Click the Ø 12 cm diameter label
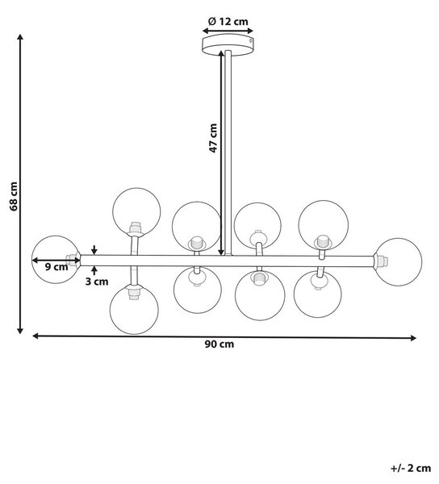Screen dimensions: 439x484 click(x=228, y=22)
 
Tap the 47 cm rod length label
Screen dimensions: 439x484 click(x=213, y=138)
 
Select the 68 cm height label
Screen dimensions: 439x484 click(x=14, y=196)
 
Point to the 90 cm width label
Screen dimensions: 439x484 click(x=219, y=344)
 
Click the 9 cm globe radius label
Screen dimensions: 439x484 click(x=56, y=267)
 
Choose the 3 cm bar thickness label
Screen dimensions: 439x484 click(x=97, y=282)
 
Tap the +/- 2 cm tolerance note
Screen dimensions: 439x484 click(x=411, y=468)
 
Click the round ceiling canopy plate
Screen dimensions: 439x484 click(x=228, y=45)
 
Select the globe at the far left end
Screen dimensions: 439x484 click(x=56, y=260)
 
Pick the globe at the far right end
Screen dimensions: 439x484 click(x=399, y=261)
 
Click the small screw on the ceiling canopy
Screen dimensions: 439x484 click(x=251, y=40)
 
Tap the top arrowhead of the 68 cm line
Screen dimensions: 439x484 click(x=20, y=37)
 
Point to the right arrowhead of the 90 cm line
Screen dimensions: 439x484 click(x=413, y=338)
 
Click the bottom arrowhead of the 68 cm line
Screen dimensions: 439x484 click(x=20, y=331)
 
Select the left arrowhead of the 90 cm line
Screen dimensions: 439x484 click(x=36, y=336)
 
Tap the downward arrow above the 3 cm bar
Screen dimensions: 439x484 click(x=94, y=250)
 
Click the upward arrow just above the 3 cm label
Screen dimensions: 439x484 click(x=94, y=270)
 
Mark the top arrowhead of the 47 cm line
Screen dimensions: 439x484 click(x=221, y=54)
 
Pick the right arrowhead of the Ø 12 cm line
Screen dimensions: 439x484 click(x=250, y=31)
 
